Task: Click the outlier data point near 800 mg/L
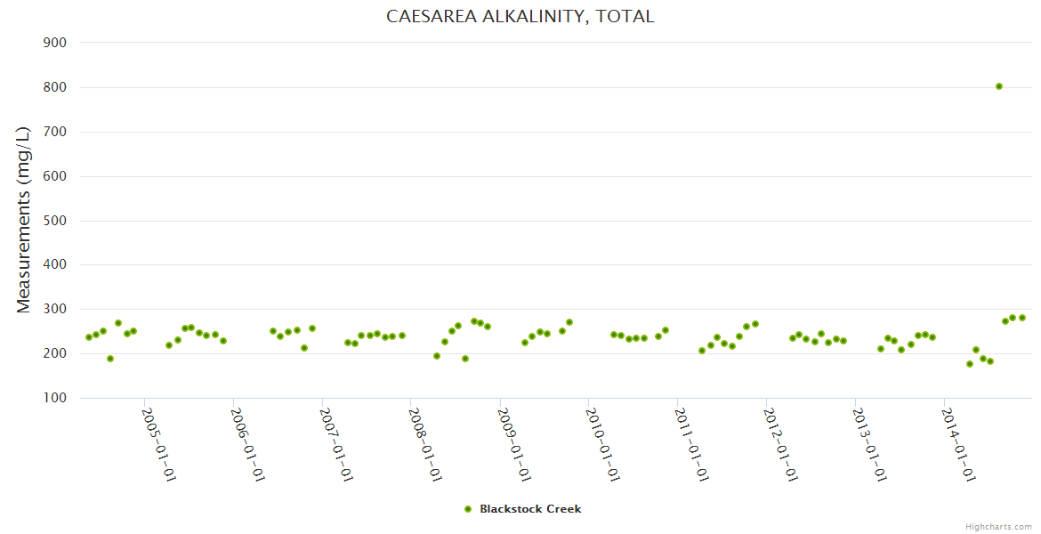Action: pos(999,86)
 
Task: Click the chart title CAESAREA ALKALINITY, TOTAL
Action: pos(520,16)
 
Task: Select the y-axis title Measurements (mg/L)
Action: pos(24,219)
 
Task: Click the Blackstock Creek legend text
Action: pos(530,509)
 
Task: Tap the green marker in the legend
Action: pos(468,509)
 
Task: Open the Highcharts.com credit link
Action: pos(998,527)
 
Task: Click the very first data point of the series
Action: pos(88,337)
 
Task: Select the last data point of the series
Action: pos(1022,318)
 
